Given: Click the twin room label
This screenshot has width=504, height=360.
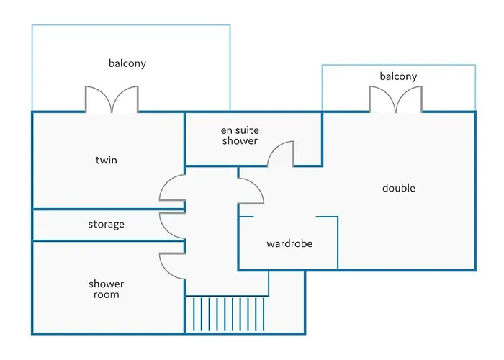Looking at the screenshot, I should click(x=106, y=160).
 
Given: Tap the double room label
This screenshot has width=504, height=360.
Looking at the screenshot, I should click(x=398, y=189).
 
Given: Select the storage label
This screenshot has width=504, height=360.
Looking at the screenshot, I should click(x=106, y=225).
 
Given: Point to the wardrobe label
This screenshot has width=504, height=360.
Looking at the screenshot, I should click(x=289, y=244).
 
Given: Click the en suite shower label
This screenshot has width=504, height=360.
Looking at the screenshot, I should click(x=239, y=135).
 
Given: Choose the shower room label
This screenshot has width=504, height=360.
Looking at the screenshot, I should click(x=106, y=289).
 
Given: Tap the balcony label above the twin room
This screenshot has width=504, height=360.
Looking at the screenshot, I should click(x=127, y=63).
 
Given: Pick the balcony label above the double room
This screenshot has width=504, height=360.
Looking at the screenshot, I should click(x=398, y=76).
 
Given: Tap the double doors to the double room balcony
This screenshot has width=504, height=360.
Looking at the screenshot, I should click(x=395, y=100).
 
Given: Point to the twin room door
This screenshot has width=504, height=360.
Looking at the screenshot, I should click(x=172, y=190).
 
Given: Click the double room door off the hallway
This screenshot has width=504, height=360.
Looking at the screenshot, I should click(x=251, y=190).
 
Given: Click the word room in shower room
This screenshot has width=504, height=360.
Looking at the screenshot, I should click(x=106, y=294).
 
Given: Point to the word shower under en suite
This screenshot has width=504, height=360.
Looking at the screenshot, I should click(x=239, y=141).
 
